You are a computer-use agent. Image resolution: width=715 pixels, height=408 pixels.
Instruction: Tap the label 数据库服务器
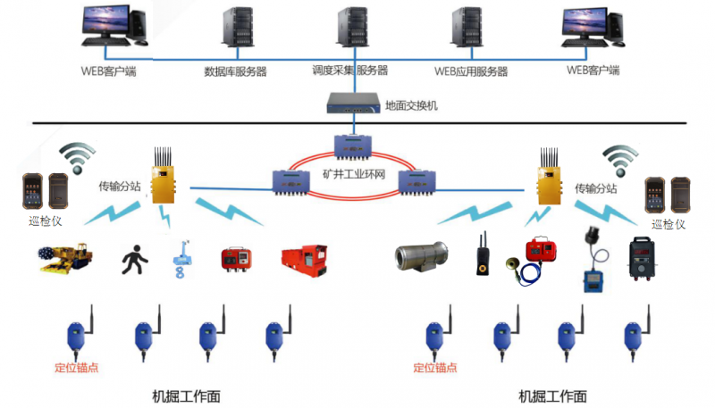tap(236, 71)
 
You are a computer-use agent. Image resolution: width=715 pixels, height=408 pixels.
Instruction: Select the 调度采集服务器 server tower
tap(350, 30)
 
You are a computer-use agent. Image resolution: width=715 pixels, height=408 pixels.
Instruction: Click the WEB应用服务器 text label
tap(471, 71)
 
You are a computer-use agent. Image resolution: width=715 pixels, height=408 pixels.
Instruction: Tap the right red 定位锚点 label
tap(436, 367)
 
